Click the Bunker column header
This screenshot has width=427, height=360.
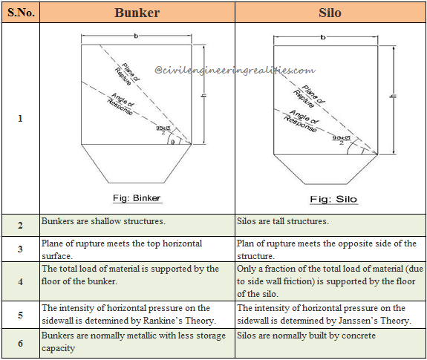(x=137, y=13)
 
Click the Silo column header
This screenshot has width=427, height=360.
(x=331, y=13)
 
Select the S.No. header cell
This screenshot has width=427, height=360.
(x=20, y=13)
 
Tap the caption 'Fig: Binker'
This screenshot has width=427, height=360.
(x=135, y=198)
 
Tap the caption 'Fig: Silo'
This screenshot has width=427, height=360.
(x=331, y=199)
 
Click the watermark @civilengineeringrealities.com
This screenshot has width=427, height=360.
(x=235, y=70)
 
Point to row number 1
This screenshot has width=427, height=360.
(x=20, y=119)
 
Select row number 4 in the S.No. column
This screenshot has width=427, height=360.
(x=20, y=281)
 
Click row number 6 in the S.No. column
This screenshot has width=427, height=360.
(x=20, y=343)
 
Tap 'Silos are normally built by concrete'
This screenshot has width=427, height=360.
(x=307, y=336)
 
